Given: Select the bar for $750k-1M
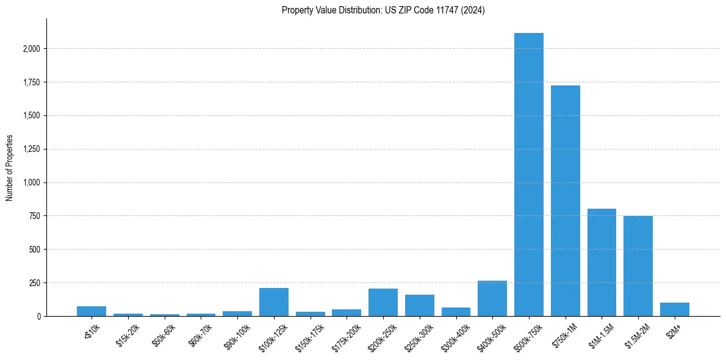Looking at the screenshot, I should coord(565,201).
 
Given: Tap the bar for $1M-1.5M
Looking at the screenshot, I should coord(602,262).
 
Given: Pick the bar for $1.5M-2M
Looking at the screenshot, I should coord(638,266).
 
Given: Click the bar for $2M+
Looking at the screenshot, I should coord(674,309).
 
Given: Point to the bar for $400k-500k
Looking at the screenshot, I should coord(492,298).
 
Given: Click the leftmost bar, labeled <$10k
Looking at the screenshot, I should coord(92,311).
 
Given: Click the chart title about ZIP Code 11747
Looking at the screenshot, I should coord(383,10).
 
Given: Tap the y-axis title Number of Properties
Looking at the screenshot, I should coord(10,168).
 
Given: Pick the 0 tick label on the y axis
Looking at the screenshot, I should coord(38,316).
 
